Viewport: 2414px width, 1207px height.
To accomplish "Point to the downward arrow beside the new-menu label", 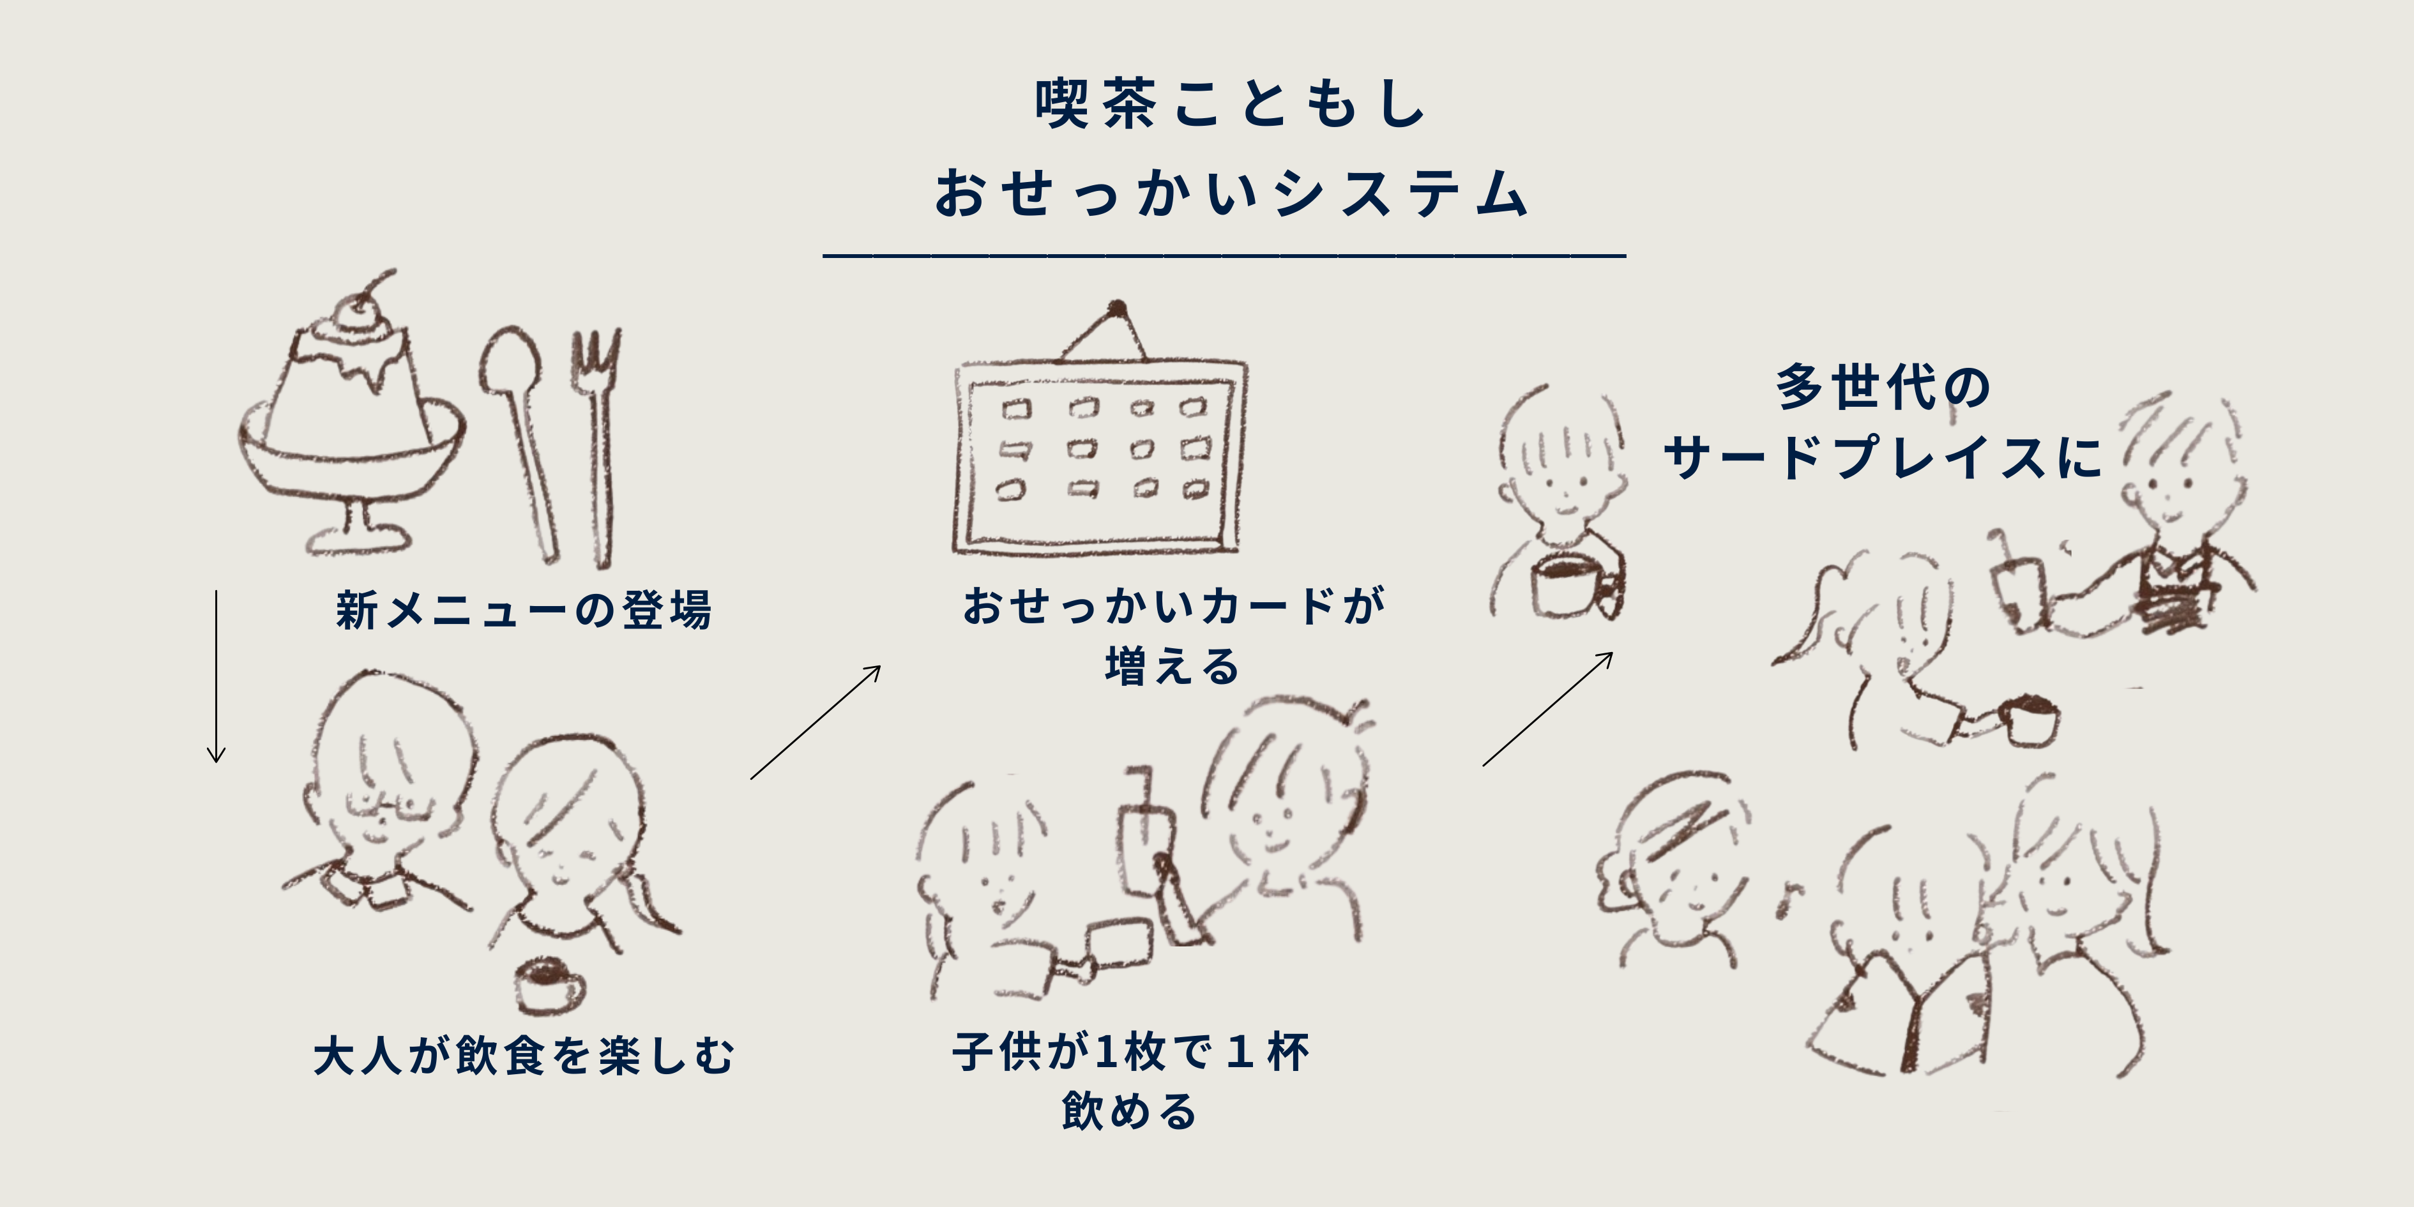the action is point(216,676).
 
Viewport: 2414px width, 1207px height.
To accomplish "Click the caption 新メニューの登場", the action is point(524,610).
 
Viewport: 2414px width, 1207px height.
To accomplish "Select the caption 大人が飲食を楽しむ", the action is point(524,1055).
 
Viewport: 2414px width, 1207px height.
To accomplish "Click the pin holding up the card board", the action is point(1116,307).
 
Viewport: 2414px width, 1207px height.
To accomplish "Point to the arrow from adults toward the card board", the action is point(816,722).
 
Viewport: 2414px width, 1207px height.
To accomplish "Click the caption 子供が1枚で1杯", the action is point(1131,1051).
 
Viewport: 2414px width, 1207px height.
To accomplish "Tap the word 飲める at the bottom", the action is point(1130,1111).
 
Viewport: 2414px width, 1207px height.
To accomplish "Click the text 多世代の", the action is point(1883,387).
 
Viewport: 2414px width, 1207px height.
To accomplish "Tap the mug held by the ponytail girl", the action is point(2029,722).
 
